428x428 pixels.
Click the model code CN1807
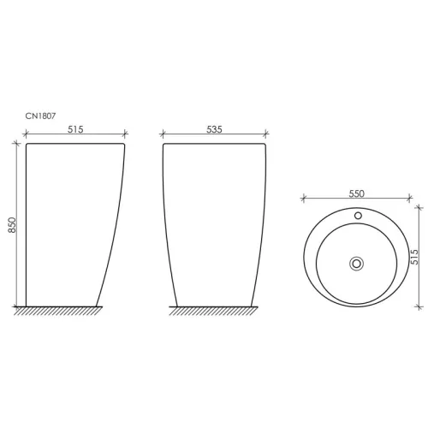pyautogui.click(x=40, y=116)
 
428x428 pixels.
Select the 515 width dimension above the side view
pyautogui.click(x=75, y=129)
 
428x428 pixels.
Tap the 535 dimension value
pyautogui.click(x=214, y=129)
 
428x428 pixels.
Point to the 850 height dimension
pyautogui.click(x=12, y=225)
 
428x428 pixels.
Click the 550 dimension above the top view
pyautogui.click(x=356, y=193)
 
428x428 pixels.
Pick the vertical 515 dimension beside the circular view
pyautogui.click(x=414, y=257)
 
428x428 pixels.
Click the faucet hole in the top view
pyautogui.click(x=358, y=216)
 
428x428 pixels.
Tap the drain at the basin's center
pyautogui.click(x=356, y=264)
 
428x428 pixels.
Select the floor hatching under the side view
pyautogui.click(x=58, y=311)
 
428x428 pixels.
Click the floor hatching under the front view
pyautogui.click(x=213, y=311)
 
